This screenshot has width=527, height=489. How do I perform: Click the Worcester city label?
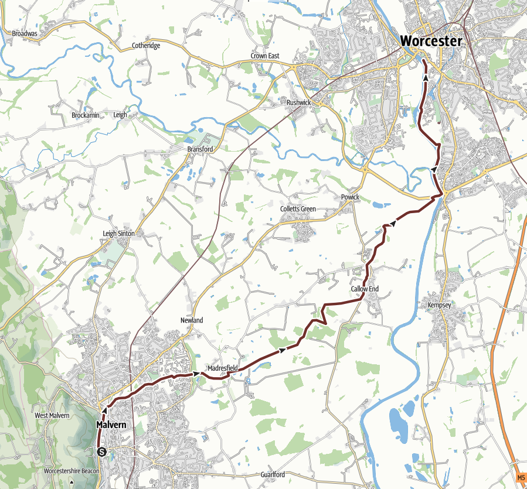coord(431,41)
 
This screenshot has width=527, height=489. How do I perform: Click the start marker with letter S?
coord(102,452)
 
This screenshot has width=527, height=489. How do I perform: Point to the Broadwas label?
coord(25,34)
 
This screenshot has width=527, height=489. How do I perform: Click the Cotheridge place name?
coord(145,46)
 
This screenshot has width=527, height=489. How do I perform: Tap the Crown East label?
coord(265,56)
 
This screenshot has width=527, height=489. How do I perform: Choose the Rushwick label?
coord(298,102)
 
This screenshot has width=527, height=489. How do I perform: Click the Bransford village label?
coord(200,149)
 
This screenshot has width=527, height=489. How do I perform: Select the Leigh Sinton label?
coord(118,233)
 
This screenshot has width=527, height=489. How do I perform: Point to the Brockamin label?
coord(85,115)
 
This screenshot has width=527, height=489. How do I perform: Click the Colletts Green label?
coord(298,209)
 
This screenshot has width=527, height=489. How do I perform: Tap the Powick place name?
coord(350,197)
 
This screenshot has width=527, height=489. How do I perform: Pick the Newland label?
coord(192,320)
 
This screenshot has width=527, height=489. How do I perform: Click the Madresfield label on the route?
coord(222,368)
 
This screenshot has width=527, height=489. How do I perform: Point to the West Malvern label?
coord(52,415)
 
